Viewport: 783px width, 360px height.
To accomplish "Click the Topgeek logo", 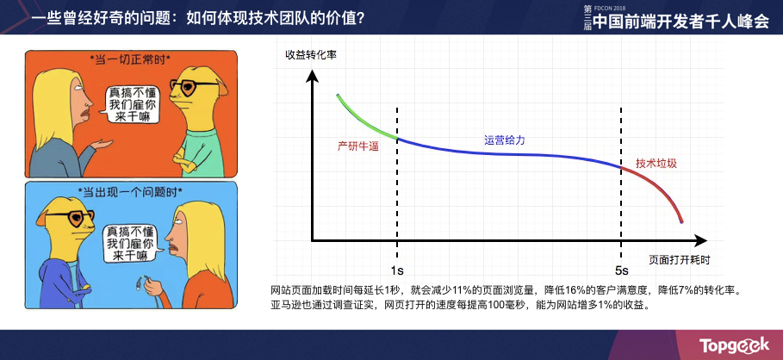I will click(x=733, y=344).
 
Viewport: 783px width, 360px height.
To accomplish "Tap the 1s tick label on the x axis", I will click(x=397, y=270).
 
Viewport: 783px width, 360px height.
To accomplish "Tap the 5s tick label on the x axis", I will click(x=621, y=270).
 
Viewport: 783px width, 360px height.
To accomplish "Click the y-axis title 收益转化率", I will click(x=311, y=54).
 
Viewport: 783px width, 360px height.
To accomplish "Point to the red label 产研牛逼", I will click(x=357, y=146).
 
